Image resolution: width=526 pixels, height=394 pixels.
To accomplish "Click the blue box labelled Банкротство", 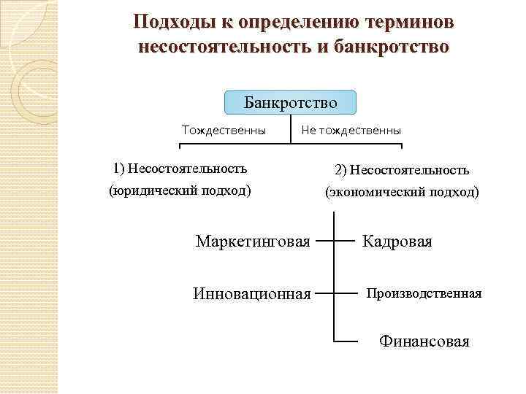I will tap(291, 102).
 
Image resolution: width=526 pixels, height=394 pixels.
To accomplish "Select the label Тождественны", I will tap(224, 131).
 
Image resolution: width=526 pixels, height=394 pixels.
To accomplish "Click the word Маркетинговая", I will tap(253, 241).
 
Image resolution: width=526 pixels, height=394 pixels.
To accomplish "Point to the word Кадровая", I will tap(397, 241).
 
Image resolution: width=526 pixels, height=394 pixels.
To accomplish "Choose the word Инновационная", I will tap(252, 294).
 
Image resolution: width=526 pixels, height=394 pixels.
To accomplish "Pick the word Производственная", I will tap(424, 293).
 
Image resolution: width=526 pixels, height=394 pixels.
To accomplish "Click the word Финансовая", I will tap(424, 341).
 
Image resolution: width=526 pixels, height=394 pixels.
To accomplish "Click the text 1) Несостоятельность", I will tap(180, 169).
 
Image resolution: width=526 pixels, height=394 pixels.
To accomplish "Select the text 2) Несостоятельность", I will tap(402, 170).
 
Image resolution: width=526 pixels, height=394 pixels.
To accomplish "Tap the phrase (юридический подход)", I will tap(180, 191).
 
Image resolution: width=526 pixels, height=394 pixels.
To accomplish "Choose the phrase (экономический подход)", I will tap(402, 193).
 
